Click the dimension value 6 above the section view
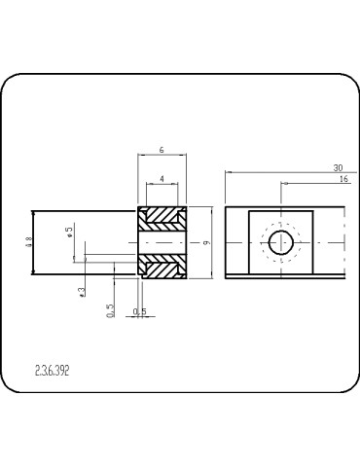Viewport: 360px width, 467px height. (x=162, y=149)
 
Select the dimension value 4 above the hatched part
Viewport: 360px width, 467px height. (x=162, y=178)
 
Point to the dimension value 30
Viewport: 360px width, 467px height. (x=336, y=166)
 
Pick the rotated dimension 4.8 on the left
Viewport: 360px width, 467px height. (x=29, y=243)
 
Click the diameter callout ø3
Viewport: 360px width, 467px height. (x=81, y=290)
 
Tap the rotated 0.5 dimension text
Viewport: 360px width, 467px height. (x=110, y=309)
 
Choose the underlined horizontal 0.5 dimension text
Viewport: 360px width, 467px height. (x=139, y=312)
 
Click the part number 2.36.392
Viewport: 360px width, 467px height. (x=52, y=371)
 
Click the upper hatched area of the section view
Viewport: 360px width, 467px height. (x=162, y=220)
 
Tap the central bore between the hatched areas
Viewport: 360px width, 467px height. (x=162, y=242)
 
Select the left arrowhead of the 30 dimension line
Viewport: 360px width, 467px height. (x=228, y=173)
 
